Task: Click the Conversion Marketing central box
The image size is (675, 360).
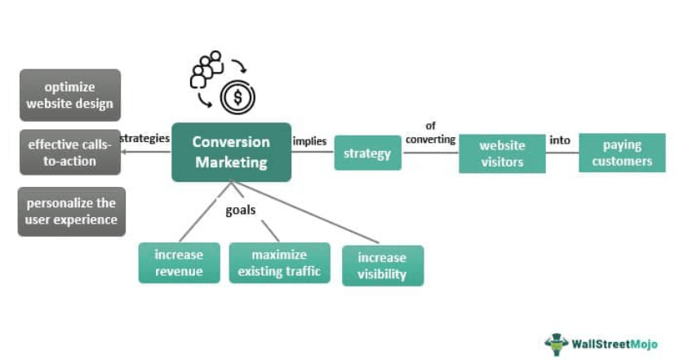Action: point(231,152)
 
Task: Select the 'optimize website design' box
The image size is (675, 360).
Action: point(69,95)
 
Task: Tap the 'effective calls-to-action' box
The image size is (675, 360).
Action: point(70,153)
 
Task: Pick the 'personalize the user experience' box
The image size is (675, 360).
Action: point(72,211)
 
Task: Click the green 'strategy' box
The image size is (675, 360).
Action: point(367,153)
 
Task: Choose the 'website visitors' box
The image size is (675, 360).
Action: point(502,153)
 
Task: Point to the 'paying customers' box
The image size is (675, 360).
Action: point(622,153)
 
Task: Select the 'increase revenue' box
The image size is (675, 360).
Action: point(180,262)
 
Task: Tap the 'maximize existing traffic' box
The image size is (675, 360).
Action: point(279,262)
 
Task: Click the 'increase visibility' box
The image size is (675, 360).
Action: point(382,265)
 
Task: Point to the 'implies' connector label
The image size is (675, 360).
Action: point(310,141)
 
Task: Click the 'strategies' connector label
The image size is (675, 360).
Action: point(145,138)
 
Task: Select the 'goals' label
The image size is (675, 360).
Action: point(241,210)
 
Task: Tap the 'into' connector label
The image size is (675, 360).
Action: point(560,140)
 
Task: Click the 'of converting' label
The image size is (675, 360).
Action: point(430,132)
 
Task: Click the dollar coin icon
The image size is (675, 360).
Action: point(238,98)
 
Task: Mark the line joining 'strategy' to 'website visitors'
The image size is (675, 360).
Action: point(430,153)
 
